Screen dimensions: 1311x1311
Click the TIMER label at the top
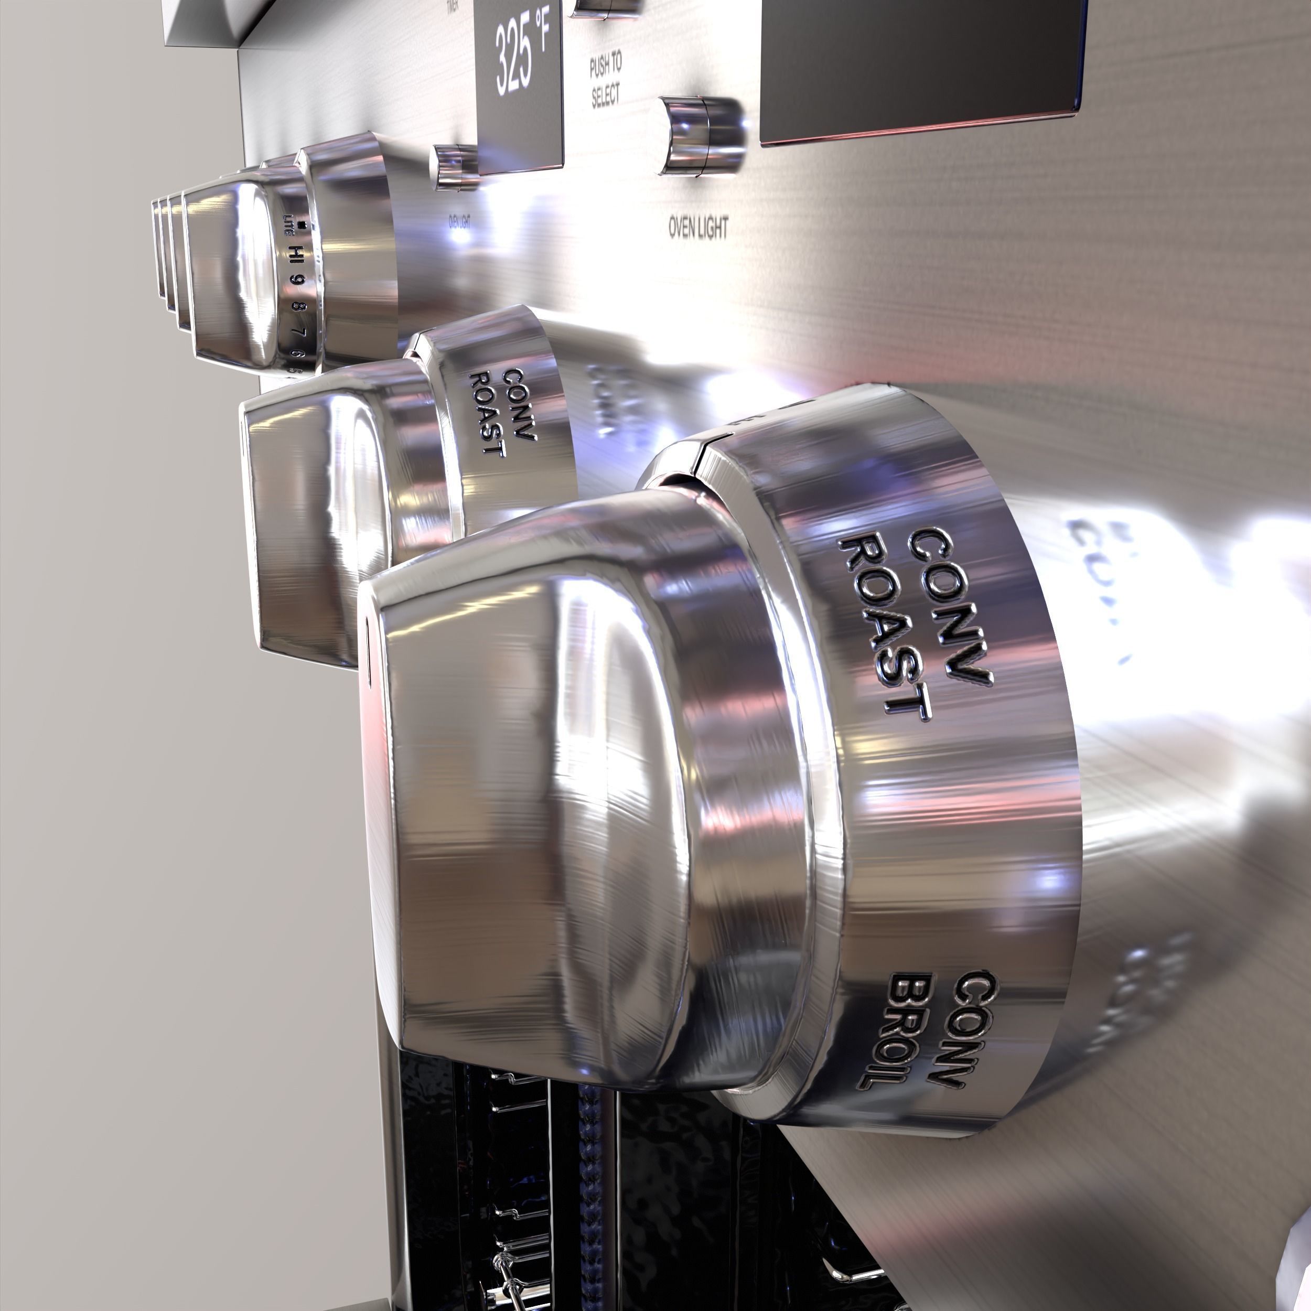pos(452,7)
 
